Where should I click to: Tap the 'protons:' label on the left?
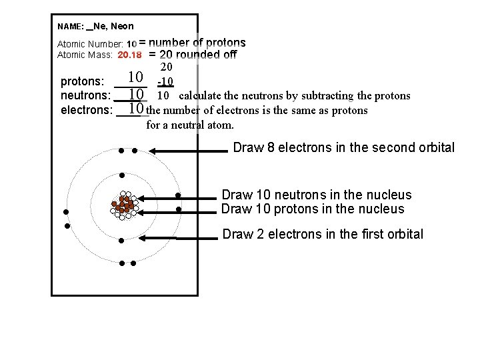pyautogui.click(x=83, y=82)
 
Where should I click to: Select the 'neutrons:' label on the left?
pyautogui.click(x=85, y=95)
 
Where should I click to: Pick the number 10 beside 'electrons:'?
pyautogui.click(x=136, y=108)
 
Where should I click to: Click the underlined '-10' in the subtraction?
pyautogui.click(x=165, y=82)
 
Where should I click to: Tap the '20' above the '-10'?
pyautogui.click(x=167, y=67)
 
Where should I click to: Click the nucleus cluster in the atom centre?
pyautogui.click(x=124, y=204)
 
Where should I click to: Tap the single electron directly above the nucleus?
pyautogui.click(x=122, y=175)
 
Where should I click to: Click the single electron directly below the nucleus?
pyautogui.click(x=122, y=240)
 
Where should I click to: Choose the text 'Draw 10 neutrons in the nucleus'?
pyautogui.click(x=316, y=195)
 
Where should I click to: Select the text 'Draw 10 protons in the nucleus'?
pyautogui.click(x=313, y=209)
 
